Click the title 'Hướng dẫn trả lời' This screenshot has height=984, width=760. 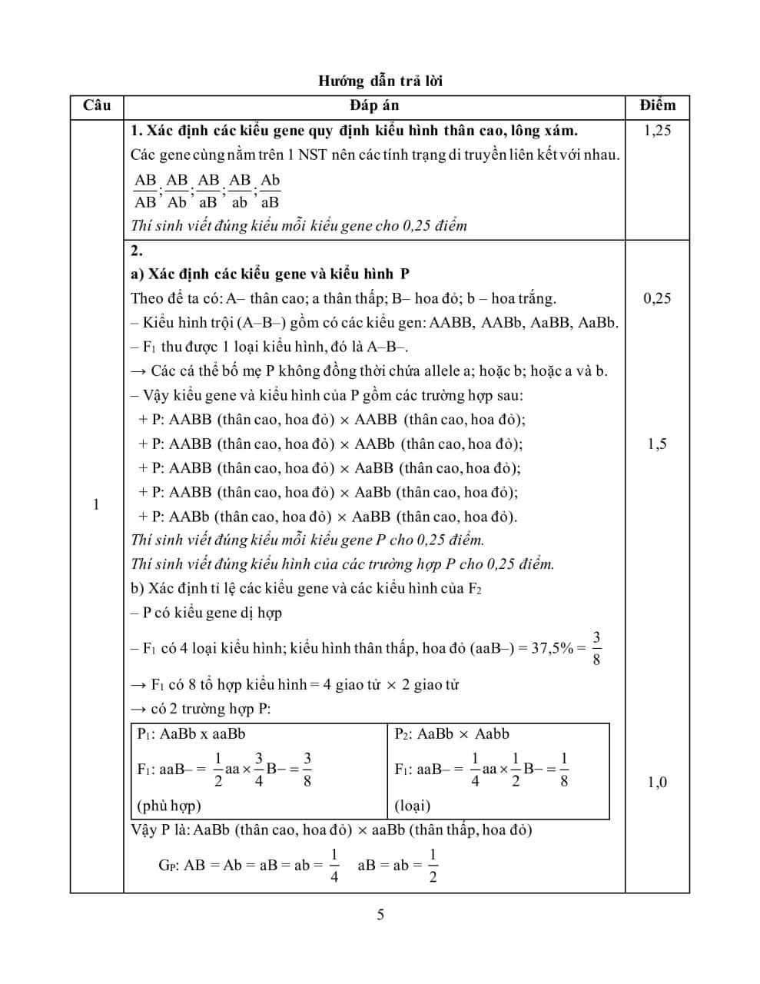click(x=380, y=81)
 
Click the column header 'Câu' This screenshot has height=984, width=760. click(x=96, y=105)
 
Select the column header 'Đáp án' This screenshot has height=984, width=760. click(x=374, y=105)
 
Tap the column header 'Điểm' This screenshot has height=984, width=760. click(x=657, y=105)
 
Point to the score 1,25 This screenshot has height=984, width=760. click(x=657, y=130)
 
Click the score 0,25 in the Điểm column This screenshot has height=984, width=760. click(x=657, y=298)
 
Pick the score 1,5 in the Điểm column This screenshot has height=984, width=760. click(x=657, y=444)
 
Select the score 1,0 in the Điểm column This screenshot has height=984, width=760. click(x=657, y=783)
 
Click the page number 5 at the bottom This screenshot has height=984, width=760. click(x=380, y=915)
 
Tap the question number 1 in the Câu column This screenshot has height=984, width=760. click(x=96, y=504)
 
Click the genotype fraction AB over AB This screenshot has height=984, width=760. click(x=145, y=191)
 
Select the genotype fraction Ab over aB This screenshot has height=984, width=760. click(x=270, y=191)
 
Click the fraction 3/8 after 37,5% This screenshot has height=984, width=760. click(x=596, y=647)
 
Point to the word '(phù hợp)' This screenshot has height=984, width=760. click(x=169, y=806)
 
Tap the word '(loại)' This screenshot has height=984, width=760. click(x=413, y=806)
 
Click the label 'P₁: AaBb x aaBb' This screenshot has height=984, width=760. click(x=191, y=733)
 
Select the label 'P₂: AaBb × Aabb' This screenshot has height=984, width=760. click(x=452, y=733)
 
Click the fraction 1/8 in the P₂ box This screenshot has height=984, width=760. click(x=563, y=769)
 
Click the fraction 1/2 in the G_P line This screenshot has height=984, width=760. click(x=432, y=865)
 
